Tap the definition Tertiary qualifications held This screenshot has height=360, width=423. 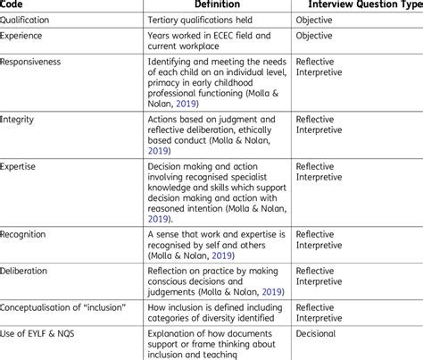(x=208, y=20)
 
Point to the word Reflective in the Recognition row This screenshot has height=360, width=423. (x=319, y=233)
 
